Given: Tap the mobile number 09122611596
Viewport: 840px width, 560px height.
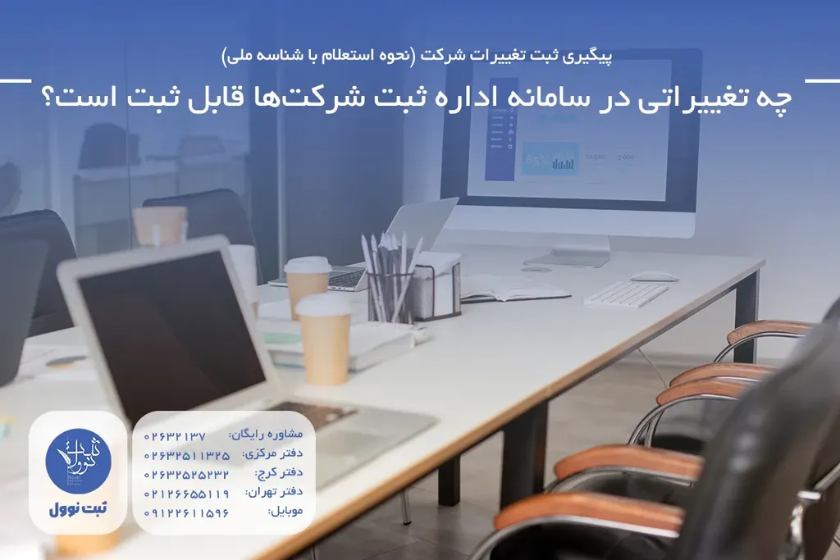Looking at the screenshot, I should (x=187, y=512).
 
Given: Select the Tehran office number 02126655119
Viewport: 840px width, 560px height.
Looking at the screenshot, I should (x=187, y=494).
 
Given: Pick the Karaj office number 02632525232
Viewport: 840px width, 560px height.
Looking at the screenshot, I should (x=187, y=474).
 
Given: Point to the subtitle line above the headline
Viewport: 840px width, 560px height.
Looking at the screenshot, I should (x=419, y=57).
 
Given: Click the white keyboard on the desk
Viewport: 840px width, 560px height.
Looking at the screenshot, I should (x=626, y=294).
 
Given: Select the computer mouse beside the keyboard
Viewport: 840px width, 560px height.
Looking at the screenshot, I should (x=655, y=276).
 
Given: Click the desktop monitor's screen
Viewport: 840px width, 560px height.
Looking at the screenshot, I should (x=571, y=130).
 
